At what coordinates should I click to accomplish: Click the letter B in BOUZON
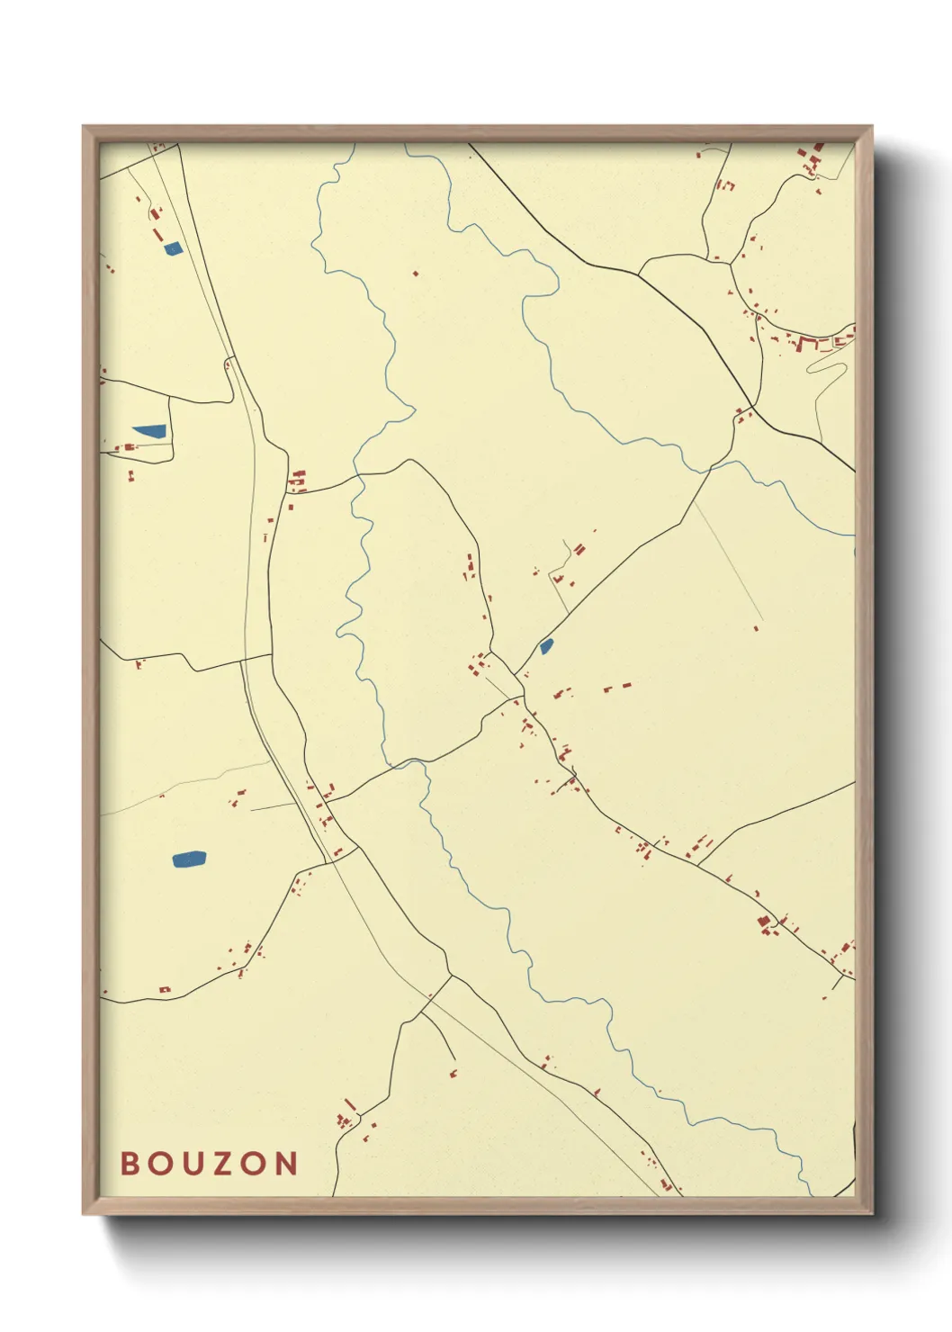point(130,1163)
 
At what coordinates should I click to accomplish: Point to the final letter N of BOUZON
point(287,1163)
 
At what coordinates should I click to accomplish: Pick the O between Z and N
point(256,1163)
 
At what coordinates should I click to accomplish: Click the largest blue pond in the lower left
point(189,859)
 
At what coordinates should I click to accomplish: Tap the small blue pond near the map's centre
point(546,645)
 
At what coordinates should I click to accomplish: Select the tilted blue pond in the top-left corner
point(173,247)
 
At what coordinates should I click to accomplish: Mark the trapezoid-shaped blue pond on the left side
point(150,432)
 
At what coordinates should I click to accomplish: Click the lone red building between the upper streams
point(415,273)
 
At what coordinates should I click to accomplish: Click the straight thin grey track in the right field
point(727,562)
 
